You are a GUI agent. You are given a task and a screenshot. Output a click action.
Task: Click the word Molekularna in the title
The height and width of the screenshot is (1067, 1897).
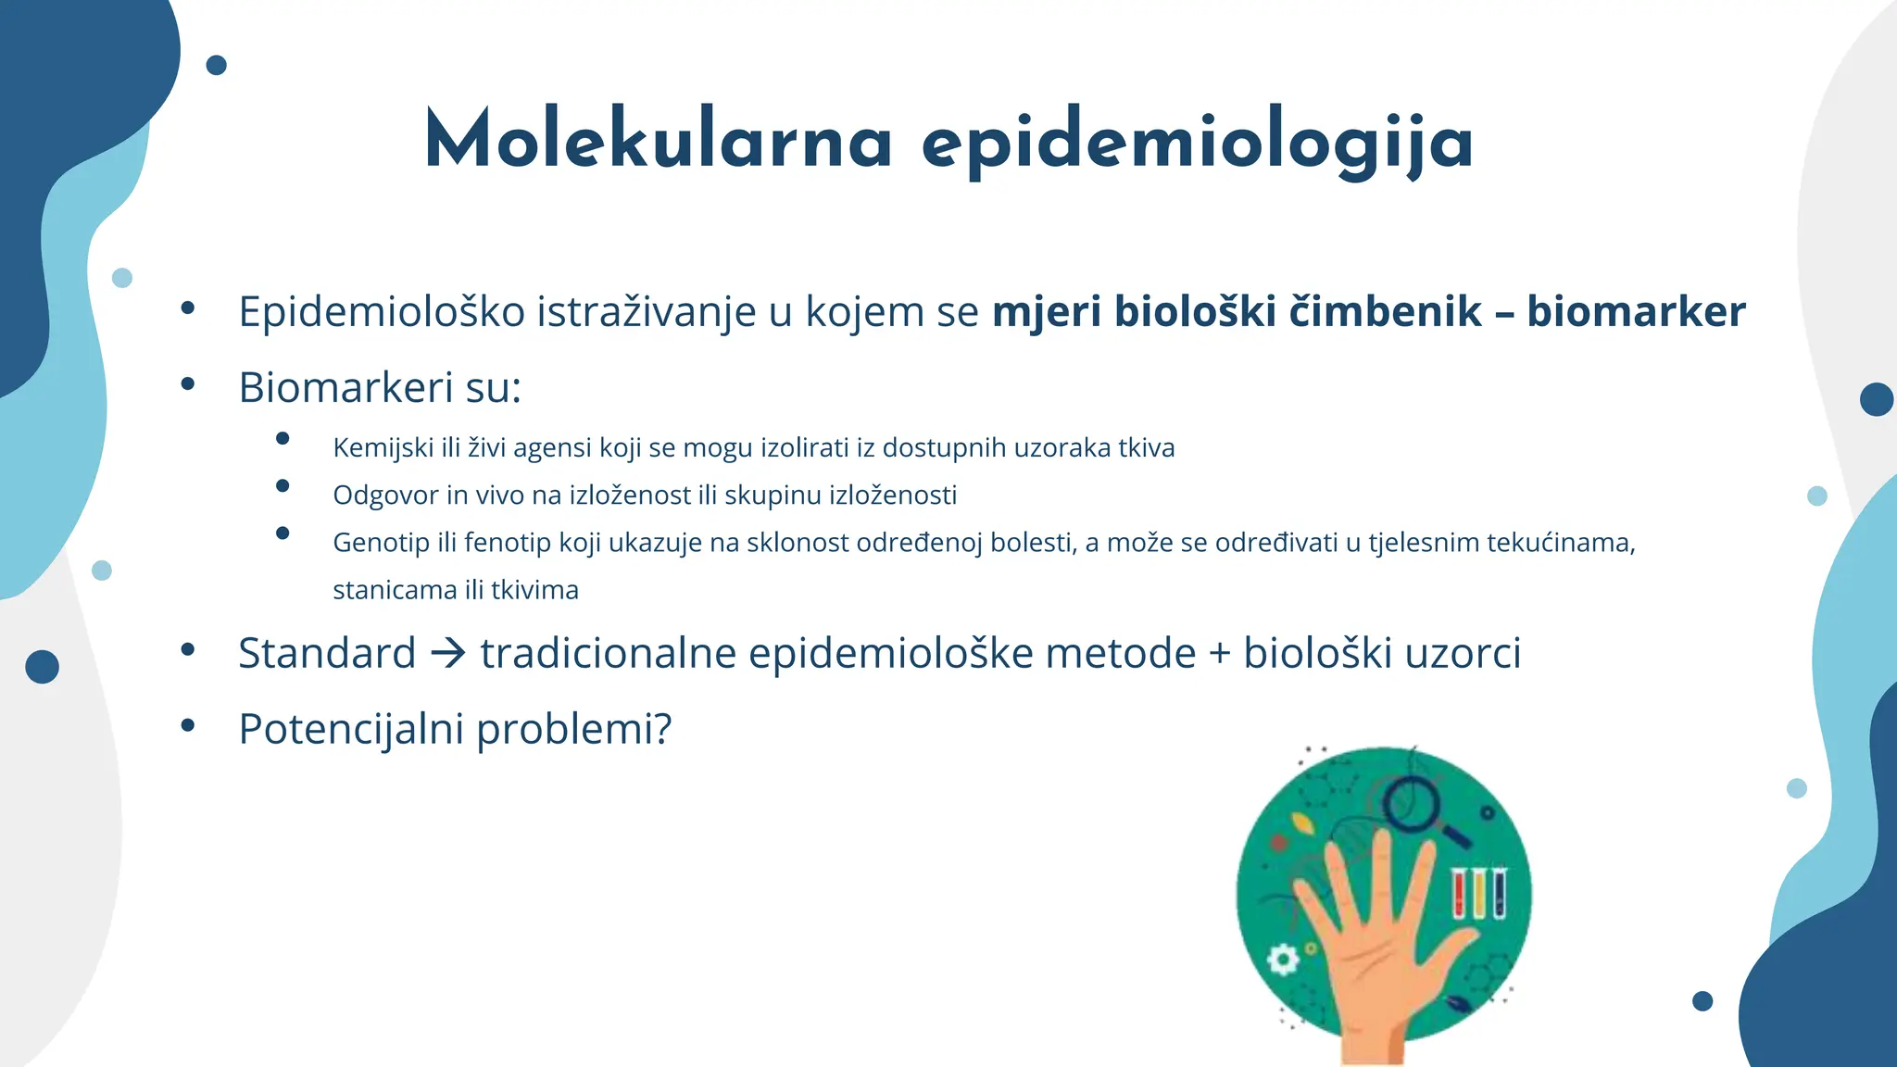658,141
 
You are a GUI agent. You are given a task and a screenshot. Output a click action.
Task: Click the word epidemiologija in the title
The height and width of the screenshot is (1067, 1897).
1197,144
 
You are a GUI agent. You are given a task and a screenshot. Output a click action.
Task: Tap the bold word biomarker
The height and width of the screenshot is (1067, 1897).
1636,311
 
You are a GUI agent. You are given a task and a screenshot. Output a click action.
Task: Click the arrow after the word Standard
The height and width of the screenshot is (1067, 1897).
448,654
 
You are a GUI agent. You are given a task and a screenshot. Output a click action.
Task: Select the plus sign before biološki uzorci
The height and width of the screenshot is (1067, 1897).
1219,654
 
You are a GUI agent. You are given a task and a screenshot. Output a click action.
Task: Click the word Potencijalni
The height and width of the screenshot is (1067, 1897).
351,729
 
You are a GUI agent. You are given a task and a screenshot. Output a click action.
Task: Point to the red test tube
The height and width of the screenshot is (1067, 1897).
1459,893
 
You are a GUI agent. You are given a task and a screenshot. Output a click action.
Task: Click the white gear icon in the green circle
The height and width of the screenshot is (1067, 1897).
1283,959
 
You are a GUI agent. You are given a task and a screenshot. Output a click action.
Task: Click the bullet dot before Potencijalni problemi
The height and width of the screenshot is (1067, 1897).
188,725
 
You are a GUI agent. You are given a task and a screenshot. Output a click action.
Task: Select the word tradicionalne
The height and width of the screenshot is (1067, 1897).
608,654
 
